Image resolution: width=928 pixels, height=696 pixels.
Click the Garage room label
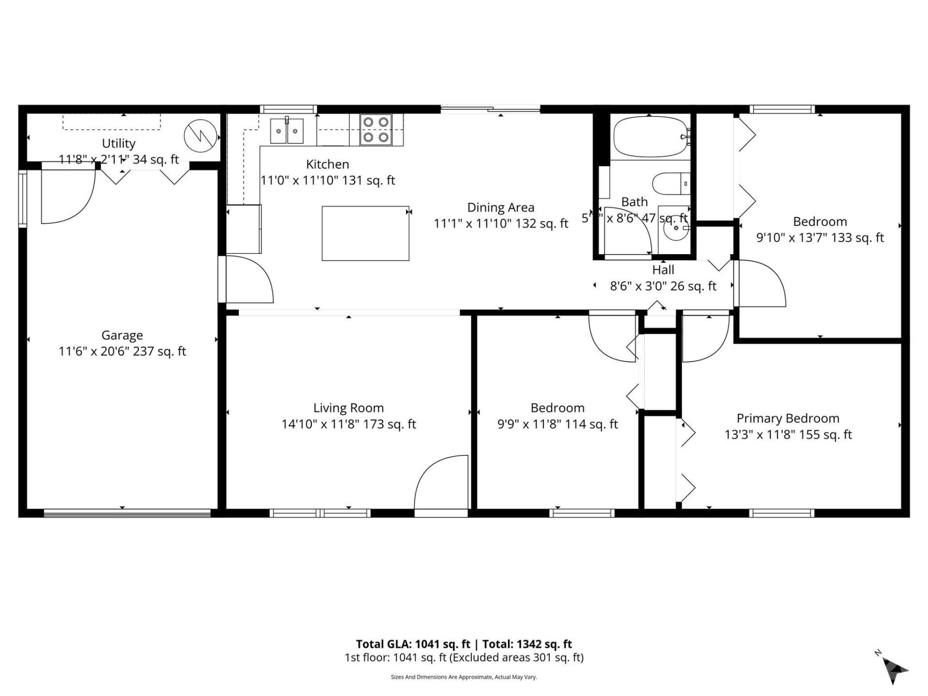point(122,335)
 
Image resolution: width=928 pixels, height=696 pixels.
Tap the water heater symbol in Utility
point(200,135)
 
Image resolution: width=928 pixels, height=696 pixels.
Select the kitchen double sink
point(287,130)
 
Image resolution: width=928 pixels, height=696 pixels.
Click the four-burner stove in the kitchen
point(376,130)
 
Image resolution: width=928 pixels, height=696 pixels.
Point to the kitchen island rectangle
point(365,233)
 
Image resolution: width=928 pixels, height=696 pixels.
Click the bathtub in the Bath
point(649,137)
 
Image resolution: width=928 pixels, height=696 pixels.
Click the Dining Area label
point(501,207)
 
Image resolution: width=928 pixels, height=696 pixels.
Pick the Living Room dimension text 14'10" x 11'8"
point(348,424)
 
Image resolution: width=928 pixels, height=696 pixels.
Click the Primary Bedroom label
point(787,418)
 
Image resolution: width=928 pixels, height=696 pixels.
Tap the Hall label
point(663,270)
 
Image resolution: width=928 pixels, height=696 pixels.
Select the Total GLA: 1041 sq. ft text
point(413,644)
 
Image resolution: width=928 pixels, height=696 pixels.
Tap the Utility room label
point(118,143)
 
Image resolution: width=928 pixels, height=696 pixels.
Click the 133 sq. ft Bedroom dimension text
point(820,237)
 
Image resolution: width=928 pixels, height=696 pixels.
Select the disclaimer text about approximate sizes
point(464,677)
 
